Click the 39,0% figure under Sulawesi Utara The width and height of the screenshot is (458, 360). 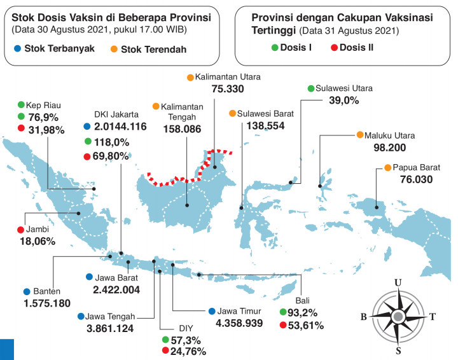343,100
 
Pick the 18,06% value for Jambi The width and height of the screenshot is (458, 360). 38,241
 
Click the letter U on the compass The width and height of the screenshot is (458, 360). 398,282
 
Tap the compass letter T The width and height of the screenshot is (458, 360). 433,316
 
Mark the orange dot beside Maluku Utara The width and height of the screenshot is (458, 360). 360,135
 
